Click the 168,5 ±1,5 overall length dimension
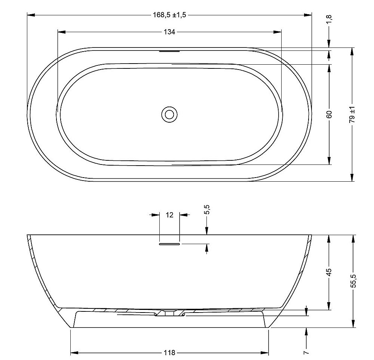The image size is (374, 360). (x=169, y=15)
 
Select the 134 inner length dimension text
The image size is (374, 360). (x=169, y=32)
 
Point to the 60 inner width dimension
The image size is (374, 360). (x=329, y=114)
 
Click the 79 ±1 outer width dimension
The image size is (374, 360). (x=352, y=114)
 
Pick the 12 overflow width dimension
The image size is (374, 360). (x=169, y=215)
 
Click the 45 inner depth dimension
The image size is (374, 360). (x=329, y=272)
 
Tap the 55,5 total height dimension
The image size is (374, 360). (x=353, y=281)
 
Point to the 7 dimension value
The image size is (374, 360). (x=306, y=352)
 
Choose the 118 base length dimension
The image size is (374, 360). (x=169, y=353)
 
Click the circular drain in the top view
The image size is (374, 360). (x=169, y=114)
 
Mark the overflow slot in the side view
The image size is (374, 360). (x=170, y=244)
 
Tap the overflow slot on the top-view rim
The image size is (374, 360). (x=169, y=51)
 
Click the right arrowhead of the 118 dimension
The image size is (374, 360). (x=265, y=353)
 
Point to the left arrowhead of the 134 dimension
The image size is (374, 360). (x=61, y=32)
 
